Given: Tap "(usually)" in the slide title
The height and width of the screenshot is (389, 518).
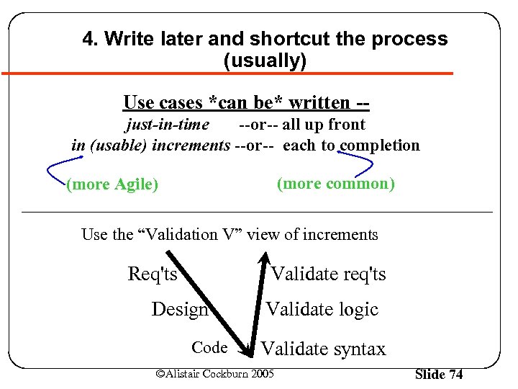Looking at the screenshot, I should [x=265, y=61].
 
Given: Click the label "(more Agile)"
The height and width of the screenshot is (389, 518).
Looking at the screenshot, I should [x=112, y=184].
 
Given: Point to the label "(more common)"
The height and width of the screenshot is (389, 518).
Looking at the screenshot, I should [x=336, y=184].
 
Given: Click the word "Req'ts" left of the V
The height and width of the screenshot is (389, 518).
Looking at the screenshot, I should [x=152, y=274].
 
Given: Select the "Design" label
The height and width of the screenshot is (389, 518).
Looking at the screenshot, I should [x=180, y=310].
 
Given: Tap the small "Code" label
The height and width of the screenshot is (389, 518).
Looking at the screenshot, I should [x=209, y=348].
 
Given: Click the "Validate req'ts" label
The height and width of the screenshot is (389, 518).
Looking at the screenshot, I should [x=328, y=274].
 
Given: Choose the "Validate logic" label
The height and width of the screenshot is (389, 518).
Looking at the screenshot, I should [x=322, y=310].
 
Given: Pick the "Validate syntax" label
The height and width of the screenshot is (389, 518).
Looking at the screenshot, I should [x=323, y=349].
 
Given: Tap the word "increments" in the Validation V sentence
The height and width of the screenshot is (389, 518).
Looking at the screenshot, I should [x=342, y=234].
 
